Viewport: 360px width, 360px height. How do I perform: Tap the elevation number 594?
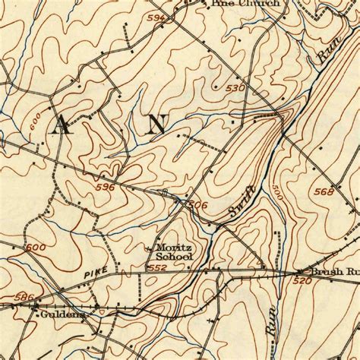[x=156, y=17]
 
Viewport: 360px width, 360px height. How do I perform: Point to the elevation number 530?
[x=235, y=89]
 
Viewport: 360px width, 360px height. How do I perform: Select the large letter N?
[x=157, y=125]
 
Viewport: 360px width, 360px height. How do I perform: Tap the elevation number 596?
[x=106, y=187]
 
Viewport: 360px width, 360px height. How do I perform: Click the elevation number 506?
[x=197, y=204]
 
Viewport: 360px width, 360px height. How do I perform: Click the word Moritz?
[x=174, y=248]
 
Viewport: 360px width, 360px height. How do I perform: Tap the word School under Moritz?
[x=175, y=257]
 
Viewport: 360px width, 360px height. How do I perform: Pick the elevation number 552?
[x=156, y=268]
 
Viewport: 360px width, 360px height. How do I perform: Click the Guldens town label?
[x=62, y=311]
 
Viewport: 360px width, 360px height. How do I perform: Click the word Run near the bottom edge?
[x=271, y=323]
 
